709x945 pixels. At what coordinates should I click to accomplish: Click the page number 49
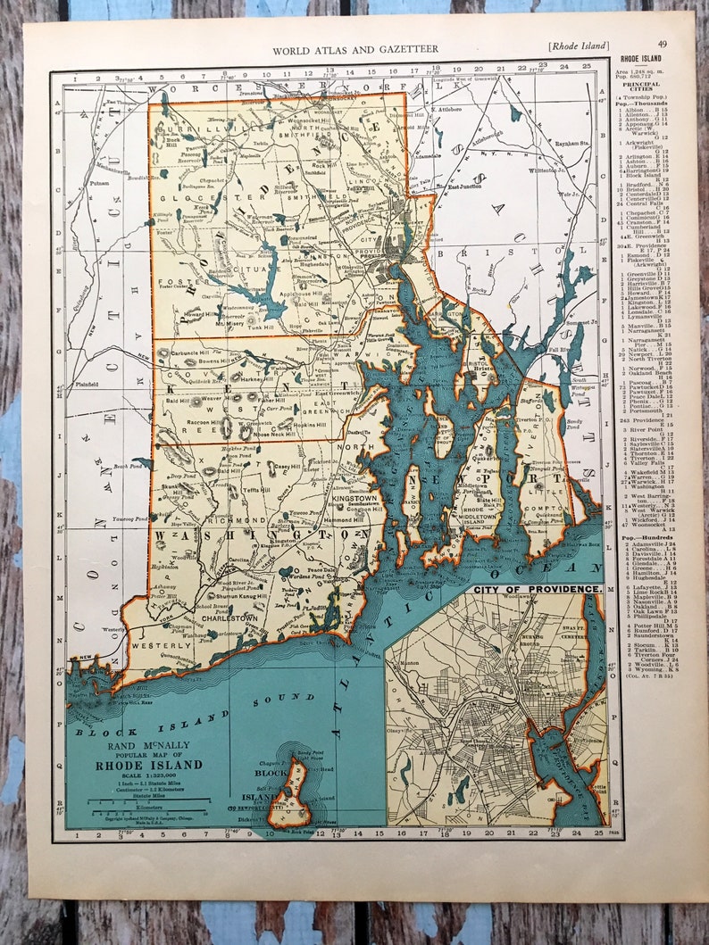[x=662, y=44]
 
